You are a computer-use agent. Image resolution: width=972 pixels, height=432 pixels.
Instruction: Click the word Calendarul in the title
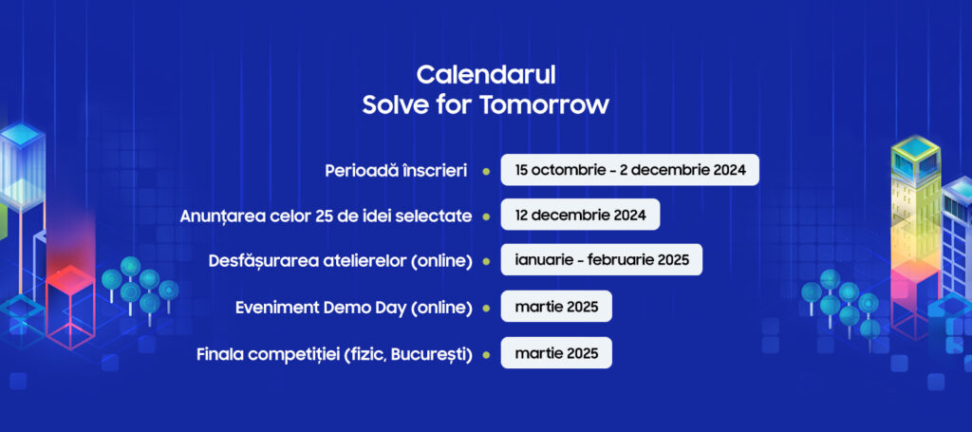coord(486,75)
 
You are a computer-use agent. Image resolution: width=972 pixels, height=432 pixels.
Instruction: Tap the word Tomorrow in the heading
coord(544,104)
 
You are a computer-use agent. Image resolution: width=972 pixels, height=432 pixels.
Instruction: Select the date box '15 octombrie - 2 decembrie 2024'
coord(630,170)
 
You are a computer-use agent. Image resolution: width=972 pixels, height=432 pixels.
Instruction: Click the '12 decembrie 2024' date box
coord(580,216)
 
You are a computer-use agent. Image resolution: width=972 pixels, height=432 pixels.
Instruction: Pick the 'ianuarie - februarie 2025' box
coord(601,260)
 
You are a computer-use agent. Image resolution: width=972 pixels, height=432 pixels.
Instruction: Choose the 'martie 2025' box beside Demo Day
coord(556,306)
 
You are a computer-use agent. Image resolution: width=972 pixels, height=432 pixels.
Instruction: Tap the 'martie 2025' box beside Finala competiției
coord(556,353)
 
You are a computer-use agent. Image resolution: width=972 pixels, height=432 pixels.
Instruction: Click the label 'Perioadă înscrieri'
coord(396,171)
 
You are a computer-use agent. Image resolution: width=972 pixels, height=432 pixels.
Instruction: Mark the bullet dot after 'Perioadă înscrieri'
coord(486,171)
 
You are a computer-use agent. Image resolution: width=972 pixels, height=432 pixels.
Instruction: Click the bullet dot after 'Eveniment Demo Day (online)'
coord(486,308)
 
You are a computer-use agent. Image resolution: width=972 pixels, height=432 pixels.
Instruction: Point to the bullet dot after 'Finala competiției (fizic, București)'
coord(486,355)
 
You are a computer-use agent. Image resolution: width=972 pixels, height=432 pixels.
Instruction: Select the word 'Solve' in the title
coord(387,104)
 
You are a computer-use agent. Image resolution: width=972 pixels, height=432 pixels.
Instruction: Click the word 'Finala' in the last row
coord(216,355)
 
